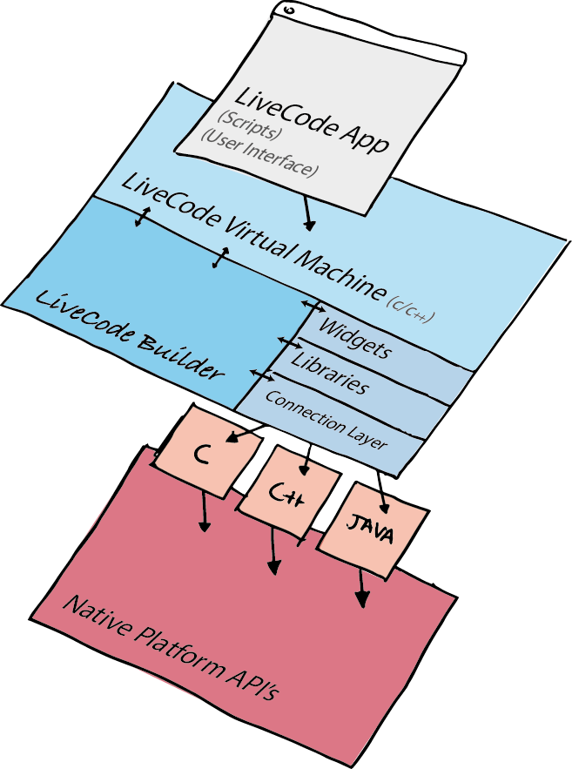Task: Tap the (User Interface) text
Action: [259, 153]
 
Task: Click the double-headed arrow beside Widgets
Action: [313, 306]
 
